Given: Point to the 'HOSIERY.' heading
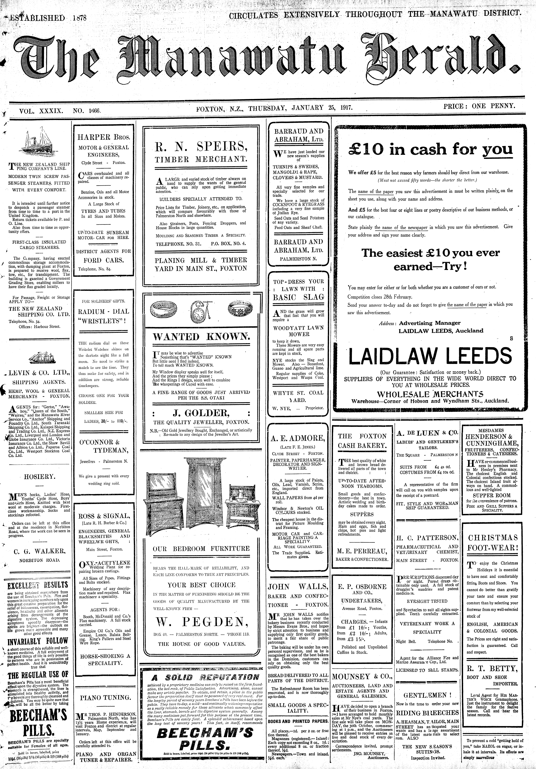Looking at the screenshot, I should (40, 477).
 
